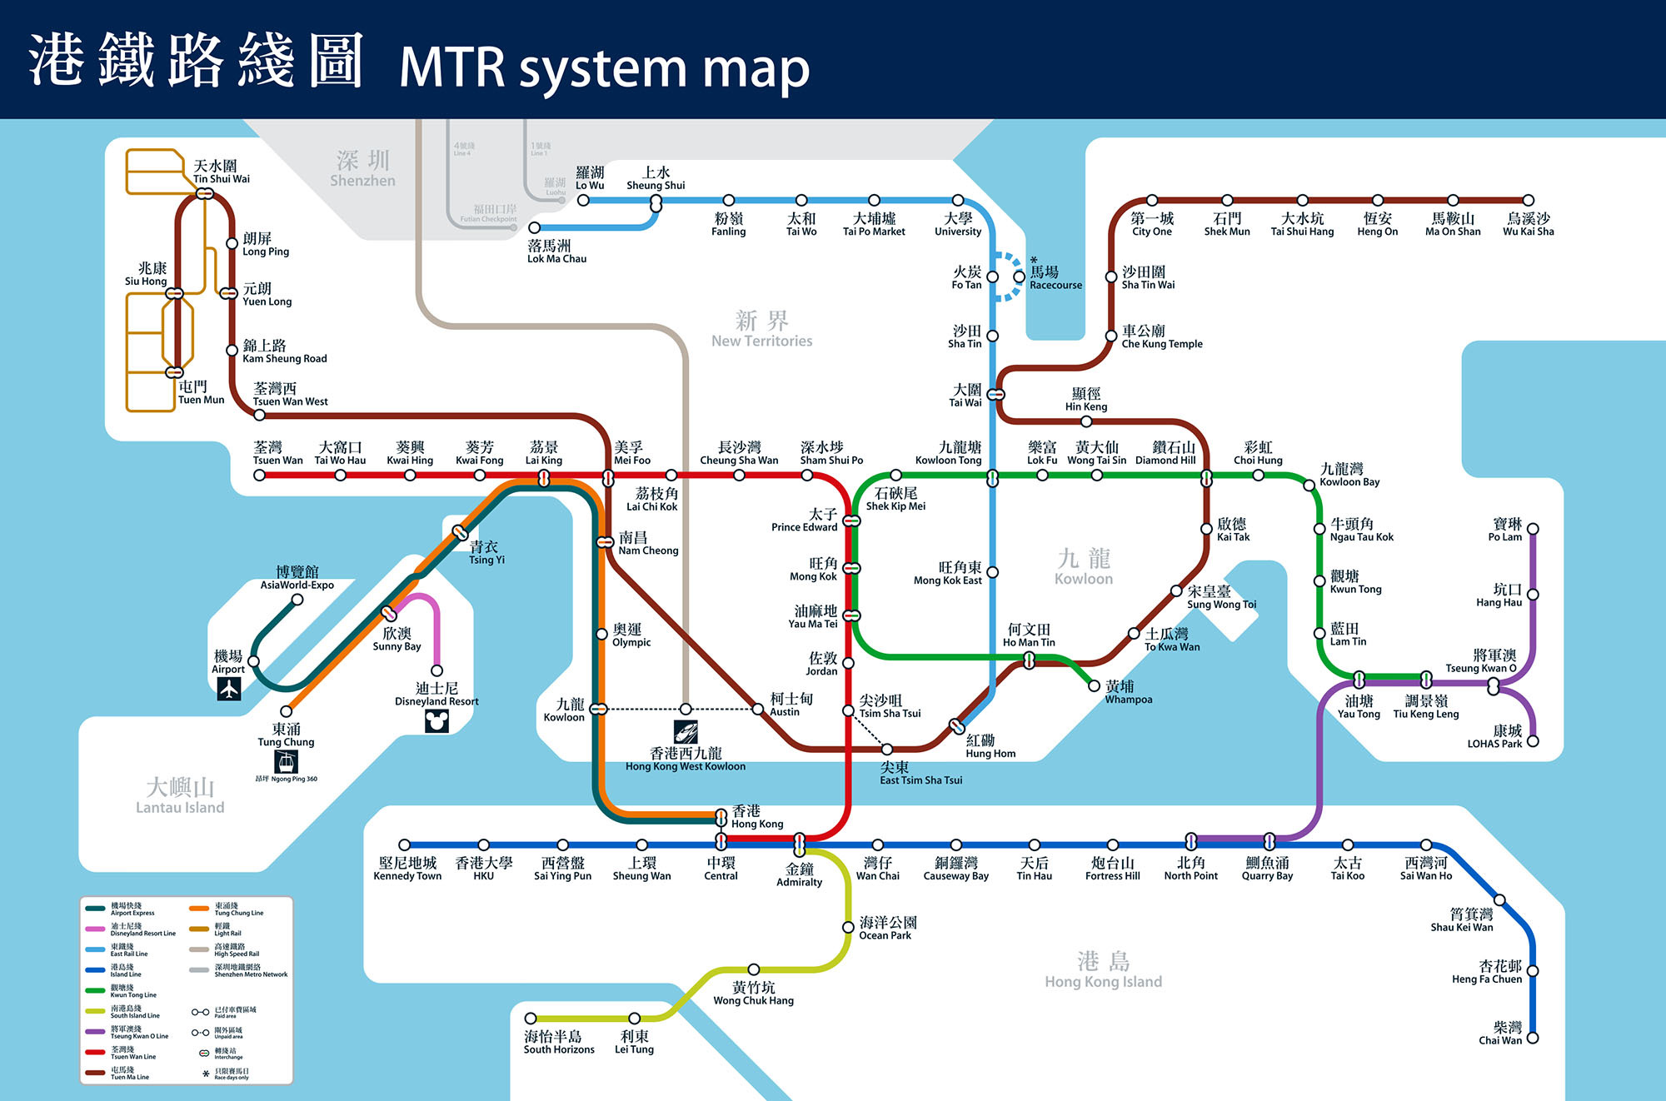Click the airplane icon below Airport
click(x=229, y=689)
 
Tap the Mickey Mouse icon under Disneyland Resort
click(x=436, y=720)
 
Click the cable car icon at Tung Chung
click(x=286, y=761)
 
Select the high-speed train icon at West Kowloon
click(x=686, y=732)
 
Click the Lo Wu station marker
click(x=583, y=201)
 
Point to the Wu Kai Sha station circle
click(x=1529, y=201)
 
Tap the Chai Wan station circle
click(x=1533, y=1038)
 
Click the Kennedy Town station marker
click(x=405, y=845)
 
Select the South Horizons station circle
click(x=531, y=1019)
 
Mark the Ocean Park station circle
click(x=848, y=928)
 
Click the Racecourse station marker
click(x=1019, y=276)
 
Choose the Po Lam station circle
click(x=1533, y=529)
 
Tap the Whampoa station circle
click(x=1095, y=686)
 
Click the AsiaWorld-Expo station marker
click(x=297, y=599)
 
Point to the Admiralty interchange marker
click(x=800, y=844)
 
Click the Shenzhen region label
click(x=362, y=169)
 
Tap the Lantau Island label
click(x=180, y=796)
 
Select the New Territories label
click(x=761, y=330)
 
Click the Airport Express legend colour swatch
click(x=96, y=909)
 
